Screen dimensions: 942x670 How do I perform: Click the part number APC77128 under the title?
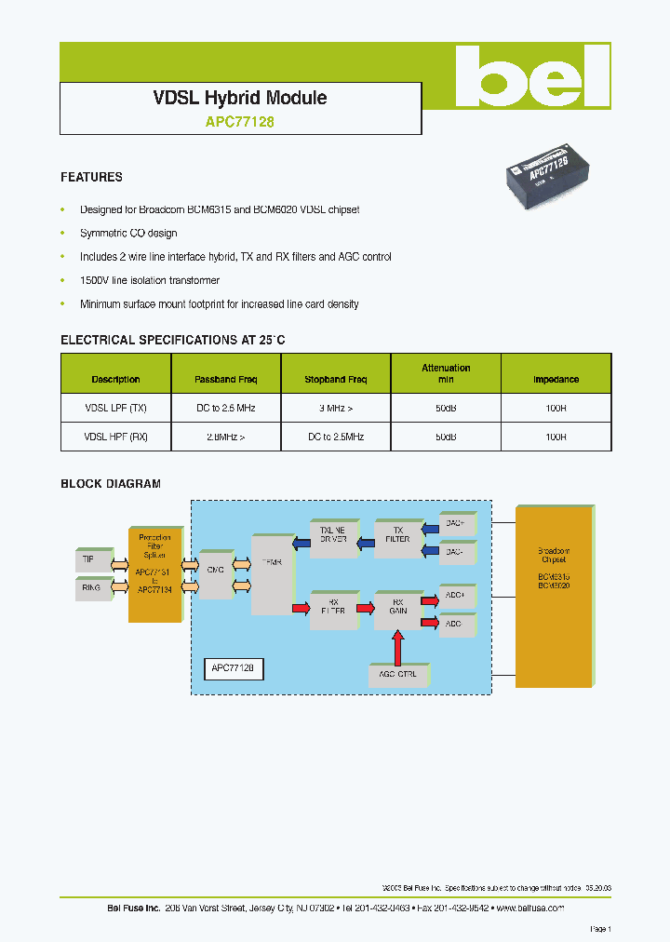pyautogui.click(x=239, y=121)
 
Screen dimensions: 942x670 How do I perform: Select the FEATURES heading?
pyautogui.click(x=91, y=177)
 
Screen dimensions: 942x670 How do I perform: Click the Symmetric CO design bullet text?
pyautogui.click(x=128, y=233)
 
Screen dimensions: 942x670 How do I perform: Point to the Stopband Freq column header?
pyautogui.click(x=336, y=380)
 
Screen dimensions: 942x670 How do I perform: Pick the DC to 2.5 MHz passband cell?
pyautogui.click(x=225, y=409)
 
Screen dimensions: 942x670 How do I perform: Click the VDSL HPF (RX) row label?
pyautogui.click(x=115, y=437)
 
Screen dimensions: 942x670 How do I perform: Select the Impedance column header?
pyautogui.click(x=556, y=380)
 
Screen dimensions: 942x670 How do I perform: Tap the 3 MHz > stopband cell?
pyautogui.click(x=336, y=409)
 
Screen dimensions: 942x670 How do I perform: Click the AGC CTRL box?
pyautogui.click(x=397, y=673)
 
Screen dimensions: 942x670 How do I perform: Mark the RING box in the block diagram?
pyautogui.click(x=91, y=588)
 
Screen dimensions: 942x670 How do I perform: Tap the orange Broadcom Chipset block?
pyautogui.click(x=554, y=596)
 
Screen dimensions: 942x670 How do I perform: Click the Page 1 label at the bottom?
pyautogui.click(x=600, y=929)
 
